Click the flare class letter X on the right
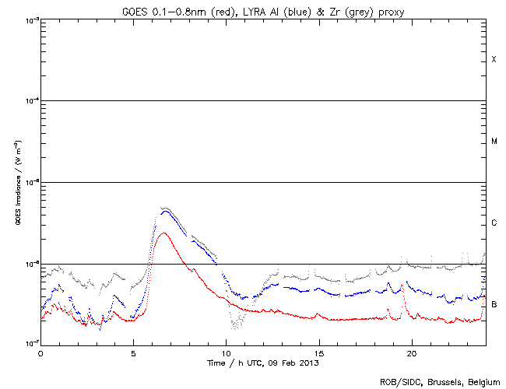click(x=494, y=60)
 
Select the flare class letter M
click(x=494, y=142)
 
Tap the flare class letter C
click(x=494, y=223)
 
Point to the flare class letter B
click(x=494, y=304)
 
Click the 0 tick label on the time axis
click(x=40, y=353)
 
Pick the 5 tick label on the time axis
click(x=133, y=353)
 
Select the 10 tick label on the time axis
click(x=226, y=353)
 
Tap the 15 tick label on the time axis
click(x=318, y=353)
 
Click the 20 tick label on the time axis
click(x=411, y=353)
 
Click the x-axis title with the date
click(x=263, y=363)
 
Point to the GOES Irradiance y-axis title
click(x=17, y=182)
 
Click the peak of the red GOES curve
click(x=163, y=233)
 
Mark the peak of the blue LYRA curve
click(x=163, y=210)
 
